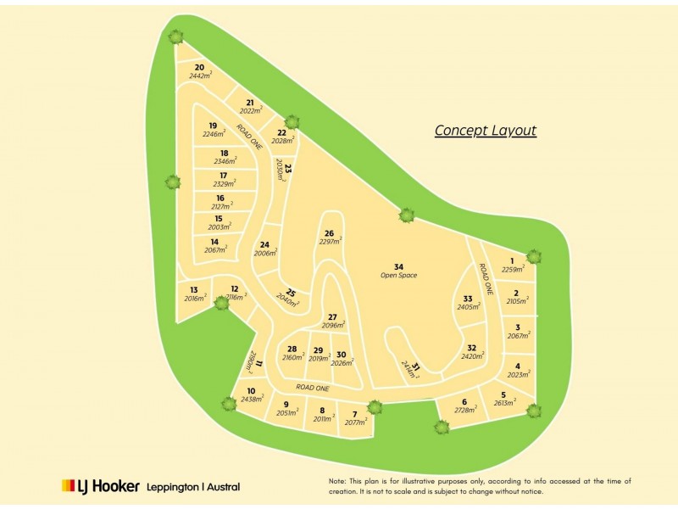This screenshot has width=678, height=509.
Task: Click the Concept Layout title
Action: click(486, 131)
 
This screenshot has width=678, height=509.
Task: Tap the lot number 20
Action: click(199, 67)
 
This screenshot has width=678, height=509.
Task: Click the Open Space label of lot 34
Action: click(398, 275)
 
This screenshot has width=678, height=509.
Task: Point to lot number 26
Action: click(330, 233)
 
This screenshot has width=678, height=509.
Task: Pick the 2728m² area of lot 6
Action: click(464, 411)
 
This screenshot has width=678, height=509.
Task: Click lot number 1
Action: click(512, 260)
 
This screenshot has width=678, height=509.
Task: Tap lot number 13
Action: click(194, 289)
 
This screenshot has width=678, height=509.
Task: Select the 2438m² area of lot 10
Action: click(252, 399)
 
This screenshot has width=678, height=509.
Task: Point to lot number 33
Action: click(468, 299)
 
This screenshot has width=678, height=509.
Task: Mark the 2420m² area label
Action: click(473, 356)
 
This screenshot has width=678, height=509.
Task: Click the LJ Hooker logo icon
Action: click(69, 486)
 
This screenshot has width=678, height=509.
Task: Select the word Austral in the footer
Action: click(222, 487)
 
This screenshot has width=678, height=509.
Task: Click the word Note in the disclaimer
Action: click(338, 481)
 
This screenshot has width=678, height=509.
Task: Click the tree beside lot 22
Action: click(292, 122)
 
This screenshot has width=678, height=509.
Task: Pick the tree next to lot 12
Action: click(222, 302)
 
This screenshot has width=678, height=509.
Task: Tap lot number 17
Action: click(223, 176)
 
